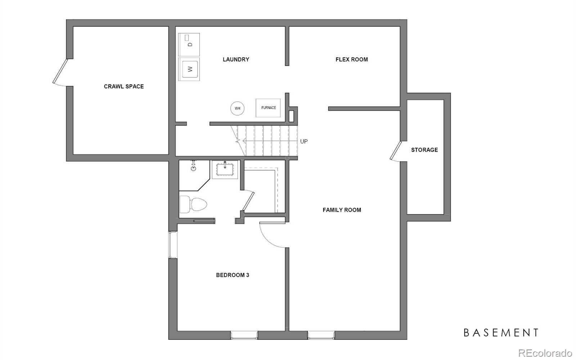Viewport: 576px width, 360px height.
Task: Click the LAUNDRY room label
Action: (236, 59)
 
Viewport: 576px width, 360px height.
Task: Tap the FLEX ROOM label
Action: (351, 59)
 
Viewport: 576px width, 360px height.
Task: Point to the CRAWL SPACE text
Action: (124, 86)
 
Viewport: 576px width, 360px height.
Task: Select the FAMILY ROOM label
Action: (342, 210)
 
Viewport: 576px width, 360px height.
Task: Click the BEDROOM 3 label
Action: (233, 275)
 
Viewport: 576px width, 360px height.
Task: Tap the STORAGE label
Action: (424, 150)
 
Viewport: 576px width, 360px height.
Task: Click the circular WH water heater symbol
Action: (237, 108)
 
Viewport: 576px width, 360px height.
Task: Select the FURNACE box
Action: (268, 108)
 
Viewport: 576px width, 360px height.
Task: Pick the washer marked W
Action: (189, 69)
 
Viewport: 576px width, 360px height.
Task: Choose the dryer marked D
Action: (189, 45)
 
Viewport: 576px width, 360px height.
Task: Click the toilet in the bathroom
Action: (193, 204)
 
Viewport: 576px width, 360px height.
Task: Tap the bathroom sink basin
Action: (225, 170)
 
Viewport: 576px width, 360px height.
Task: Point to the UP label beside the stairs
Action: (304, 141)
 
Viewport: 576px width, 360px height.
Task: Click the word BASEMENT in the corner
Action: (501, 333)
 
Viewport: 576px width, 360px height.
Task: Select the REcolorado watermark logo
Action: (545, 353)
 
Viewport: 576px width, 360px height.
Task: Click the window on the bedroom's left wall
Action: (173, 245)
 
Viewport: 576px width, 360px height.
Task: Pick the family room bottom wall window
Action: (321, 335)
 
